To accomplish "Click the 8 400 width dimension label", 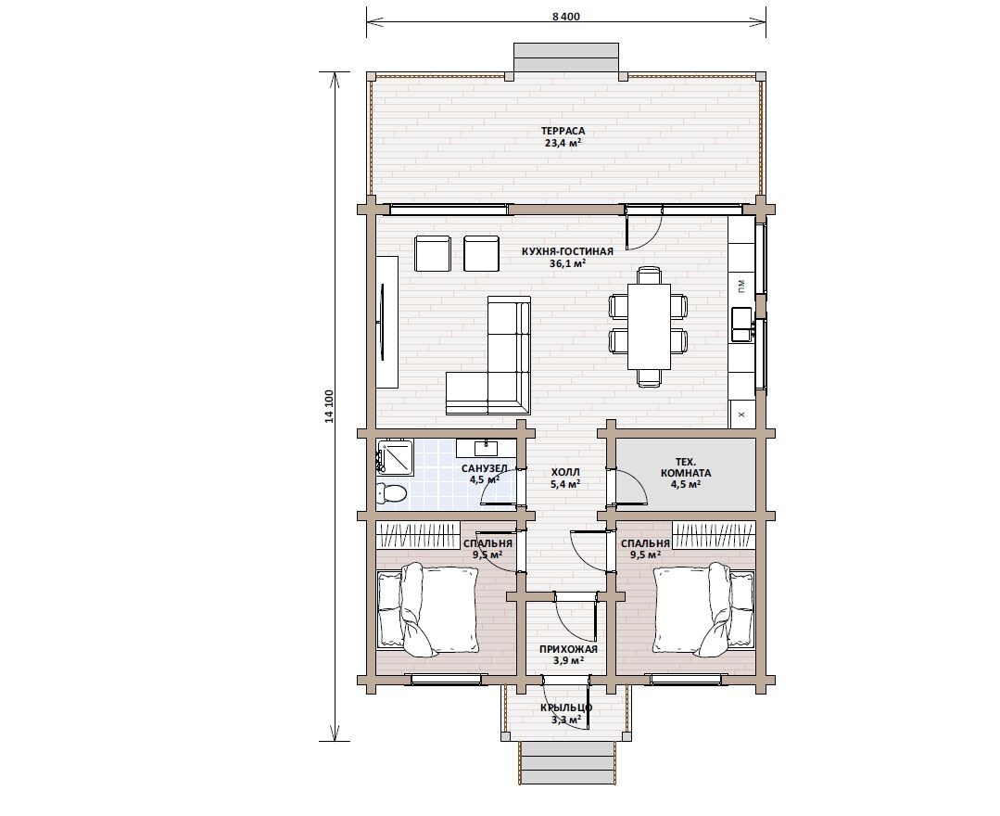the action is pyautogui.click(x=565, y=17).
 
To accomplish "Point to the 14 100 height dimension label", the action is pyautogui.click(x=329, y=406).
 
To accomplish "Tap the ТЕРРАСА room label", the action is pyautogui.click(x=563, y=131).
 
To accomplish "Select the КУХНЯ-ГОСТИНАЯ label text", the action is pyautogui.click(x=567, y=251).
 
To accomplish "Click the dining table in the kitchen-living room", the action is pyautogui.click(x=649, y=326).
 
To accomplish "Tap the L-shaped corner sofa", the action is pyautogui.click(x=488, y=356).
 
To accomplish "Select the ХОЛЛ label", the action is pyautogui.click(x=565, y=472).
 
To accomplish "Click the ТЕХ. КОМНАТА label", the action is pyautogui.click(x=686, y=467).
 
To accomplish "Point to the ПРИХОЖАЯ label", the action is pyautogui.click(x=568, y=649).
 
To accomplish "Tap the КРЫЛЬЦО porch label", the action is pyautogui.click(x=566, y=708).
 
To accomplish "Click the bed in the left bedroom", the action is pyautogui.click(x=428, y=610).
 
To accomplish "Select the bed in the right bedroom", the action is pyautogui.click(x=704, y=608).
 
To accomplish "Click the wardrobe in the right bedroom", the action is pyautogui.click(x=713, y=535).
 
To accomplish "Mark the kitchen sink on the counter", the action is pyautogui.click(x=741, y=325).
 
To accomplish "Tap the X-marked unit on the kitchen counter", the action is pyautogui.click(x=741, y=414).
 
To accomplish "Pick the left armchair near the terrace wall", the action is pyautogui.click(x=433, y=253).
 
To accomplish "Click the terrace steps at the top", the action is pyautogui.click(x=566, y=58).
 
